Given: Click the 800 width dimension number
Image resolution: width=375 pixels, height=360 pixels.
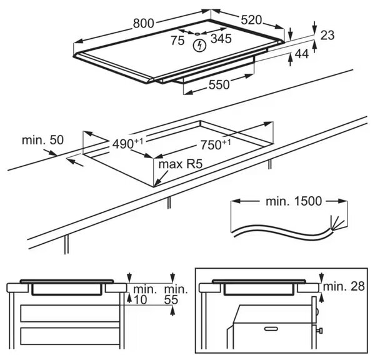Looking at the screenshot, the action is click(144, 24).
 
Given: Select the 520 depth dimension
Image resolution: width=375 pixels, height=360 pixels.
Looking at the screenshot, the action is click(251, 20).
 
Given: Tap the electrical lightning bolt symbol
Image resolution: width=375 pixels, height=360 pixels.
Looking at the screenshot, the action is click(200, 46).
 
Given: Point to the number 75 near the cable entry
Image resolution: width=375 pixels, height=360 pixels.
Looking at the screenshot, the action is click(177, 40).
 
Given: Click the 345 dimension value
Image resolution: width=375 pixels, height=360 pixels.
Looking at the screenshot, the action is click(221, 39).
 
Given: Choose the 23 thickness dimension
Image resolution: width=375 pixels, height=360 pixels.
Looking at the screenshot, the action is click(327, 35).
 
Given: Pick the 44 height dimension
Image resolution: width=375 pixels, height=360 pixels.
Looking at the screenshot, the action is click(302, 54).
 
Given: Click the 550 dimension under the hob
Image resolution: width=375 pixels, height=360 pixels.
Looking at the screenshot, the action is click(219, 84).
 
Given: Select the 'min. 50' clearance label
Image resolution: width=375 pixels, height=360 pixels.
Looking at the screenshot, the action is click(42, 140).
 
